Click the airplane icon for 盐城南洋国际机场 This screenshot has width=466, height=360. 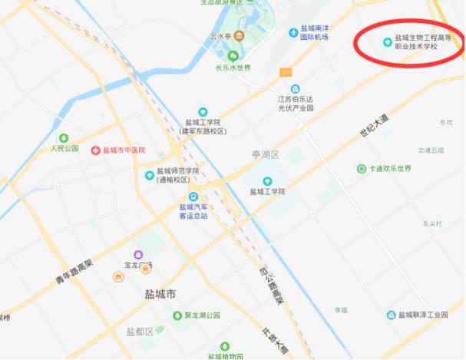tap(293, 31)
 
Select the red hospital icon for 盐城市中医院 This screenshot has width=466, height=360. tap(95, 150)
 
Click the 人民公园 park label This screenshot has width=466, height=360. tap(65, 147)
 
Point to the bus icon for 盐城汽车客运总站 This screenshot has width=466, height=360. tap(194, 197)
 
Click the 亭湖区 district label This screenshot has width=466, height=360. tap(266, 155)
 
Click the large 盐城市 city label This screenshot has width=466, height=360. tap(160, 294)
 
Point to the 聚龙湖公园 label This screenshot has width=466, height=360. tap(202, 315)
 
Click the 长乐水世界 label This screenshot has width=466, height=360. tap(233, 67)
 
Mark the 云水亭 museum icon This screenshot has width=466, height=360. tap(239, 36)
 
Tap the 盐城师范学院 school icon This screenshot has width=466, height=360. tap(150, 175)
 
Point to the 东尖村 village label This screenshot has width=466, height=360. tap(432, 223)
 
